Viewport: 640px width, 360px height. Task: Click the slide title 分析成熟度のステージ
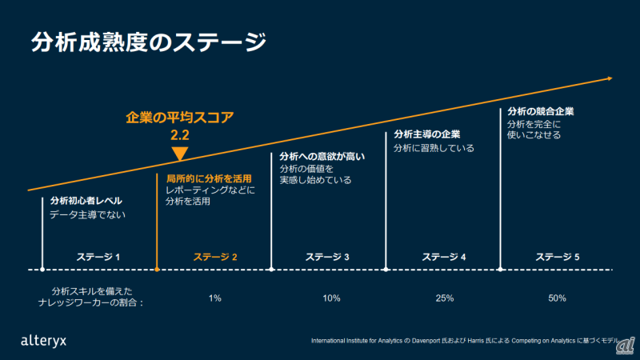148,42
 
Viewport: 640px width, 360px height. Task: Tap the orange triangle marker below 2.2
180,154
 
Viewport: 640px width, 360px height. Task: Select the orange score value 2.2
180,135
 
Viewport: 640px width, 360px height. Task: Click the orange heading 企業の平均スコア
180,118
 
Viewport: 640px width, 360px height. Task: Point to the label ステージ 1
98,257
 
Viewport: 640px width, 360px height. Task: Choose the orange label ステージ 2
215,257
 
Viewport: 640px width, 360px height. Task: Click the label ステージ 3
328,257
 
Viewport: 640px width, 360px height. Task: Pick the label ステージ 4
444,257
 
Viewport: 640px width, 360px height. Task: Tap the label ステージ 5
558,257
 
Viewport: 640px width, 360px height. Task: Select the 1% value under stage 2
214,298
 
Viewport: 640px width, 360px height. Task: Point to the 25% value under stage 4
445,298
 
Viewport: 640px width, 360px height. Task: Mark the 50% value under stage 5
558,298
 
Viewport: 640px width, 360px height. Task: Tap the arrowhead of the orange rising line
610,78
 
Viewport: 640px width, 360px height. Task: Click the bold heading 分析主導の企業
427,134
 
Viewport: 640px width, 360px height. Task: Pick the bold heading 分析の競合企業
541,111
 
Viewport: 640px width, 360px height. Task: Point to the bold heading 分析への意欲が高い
322,156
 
